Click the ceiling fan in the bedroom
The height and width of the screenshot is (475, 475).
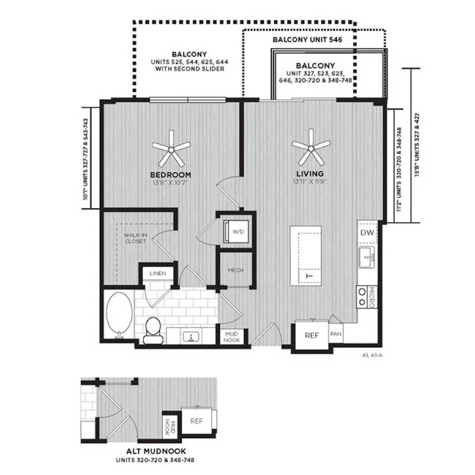[171, 149]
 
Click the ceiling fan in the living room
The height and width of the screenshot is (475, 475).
[311, 148]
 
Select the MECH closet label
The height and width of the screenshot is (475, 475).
[236, 270]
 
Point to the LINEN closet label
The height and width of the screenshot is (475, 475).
[158, 273]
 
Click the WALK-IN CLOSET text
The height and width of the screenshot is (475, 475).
[136, 238]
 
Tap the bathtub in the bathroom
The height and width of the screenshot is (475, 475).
[119, 316]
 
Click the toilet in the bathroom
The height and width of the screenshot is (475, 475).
[153, 330]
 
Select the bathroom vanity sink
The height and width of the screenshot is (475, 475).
[191, 337]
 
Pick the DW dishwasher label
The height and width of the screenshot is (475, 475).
[367, 233]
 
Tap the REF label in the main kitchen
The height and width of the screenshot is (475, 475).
[312, 335]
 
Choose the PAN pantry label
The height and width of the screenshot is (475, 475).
[336, 334]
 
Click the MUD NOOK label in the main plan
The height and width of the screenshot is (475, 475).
[232, 337]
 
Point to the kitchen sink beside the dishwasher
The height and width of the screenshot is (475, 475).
[367, 257]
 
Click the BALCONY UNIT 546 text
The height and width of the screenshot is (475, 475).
[308, 40]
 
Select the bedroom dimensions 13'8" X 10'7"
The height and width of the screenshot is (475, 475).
[171, 183]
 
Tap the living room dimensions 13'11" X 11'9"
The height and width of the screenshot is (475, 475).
[310, 182]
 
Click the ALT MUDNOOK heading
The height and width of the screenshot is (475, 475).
[156, 451]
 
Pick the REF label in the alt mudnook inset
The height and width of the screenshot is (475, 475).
[197, 421]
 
